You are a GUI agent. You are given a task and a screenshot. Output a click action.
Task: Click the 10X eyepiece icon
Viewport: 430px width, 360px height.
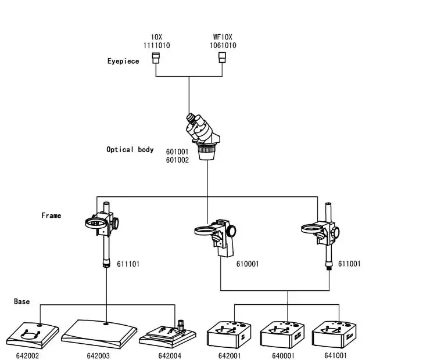(156, 58)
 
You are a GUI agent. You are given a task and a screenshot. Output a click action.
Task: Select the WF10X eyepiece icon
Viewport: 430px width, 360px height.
(222, 57)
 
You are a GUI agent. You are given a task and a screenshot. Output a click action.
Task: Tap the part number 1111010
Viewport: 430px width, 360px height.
(156, 45)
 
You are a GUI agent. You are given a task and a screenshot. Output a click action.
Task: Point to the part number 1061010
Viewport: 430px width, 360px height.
(223, 45)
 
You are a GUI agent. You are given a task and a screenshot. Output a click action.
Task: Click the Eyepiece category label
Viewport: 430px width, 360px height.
(123, 61)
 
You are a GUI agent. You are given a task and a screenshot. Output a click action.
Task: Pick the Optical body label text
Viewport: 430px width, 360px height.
(130, 150)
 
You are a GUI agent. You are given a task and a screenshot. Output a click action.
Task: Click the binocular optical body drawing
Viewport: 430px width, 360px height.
(203, 136)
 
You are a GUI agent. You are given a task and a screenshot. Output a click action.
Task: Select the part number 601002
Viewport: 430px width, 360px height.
(177, 160)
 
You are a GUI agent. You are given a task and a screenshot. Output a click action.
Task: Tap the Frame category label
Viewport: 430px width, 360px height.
(51, 215)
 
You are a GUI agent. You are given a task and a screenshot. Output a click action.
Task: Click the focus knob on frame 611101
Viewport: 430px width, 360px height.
(115, 224)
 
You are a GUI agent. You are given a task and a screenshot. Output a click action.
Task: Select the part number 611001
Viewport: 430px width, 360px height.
(349, 264)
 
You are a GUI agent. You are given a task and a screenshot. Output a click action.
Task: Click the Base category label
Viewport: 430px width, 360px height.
(21, 301)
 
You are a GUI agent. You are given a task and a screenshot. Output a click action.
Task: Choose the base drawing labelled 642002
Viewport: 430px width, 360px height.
(33, 336)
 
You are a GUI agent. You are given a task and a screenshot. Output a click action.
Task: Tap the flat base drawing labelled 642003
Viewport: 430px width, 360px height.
(99, 334)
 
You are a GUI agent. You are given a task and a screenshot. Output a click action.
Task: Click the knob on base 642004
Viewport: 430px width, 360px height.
(181, 325)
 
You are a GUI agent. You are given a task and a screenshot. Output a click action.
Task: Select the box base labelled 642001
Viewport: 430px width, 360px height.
(229, 335)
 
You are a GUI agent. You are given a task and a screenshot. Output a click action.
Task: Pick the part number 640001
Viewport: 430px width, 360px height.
(283, 355)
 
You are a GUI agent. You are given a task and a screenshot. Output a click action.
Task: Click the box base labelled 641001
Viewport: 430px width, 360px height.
(334, 334)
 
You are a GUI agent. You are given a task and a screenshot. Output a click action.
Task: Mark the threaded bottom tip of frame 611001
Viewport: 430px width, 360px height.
(329, 268)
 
